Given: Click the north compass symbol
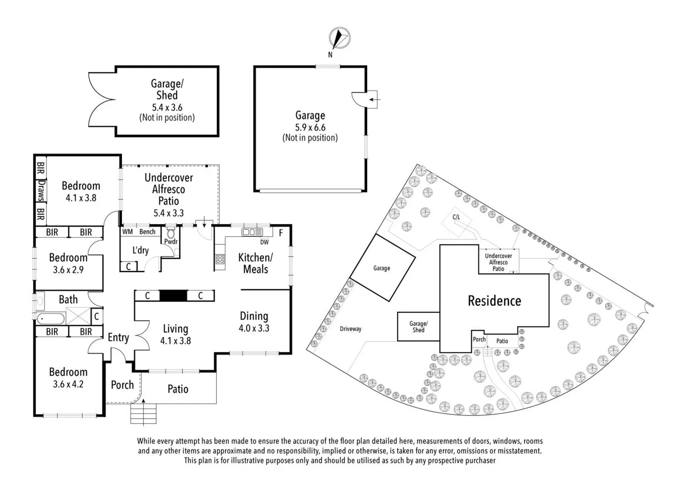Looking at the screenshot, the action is [x=340, y=38].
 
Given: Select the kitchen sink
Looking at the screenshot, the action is [x=252, y=232].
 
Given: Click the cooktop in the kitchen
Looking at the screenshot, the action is [x=220, y=259].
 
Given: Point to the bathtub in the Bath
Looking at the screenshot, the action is [x=51, y=319].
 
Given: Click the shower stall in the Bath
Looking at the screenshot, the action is [x=78, y=316].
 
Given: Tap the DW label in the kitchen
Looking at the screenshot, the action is [x=264, y=242].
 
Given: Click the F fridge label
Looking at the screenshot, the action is [x=281, y=233].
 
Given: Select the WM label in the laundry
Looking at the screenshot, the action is [x=127, y=232].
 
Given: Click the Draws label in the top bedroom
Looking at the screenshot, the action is [x=41, y=191].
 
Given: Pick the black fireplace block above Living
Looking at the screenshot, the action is [x=174, y=296].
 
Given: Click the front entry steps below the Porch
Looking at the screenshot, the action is [x=143, y=413].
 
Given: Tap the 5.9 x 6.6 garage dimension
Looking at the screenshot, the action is [x=310, y=127].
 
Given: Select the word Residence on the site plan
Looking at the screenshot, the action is [x=494, y=301].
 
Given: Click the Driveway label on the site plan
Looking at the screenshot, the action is [x=351, y=329].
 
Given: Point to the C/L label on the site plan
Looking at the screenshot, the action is [x=456, y=217].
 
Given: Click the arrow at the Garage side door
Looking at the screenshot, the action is [x=374, y=99].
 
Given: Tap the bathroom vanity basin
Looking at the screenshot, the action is [x=40, y=301].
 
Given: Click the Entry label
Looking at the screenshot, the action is [x=118, y=338].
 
